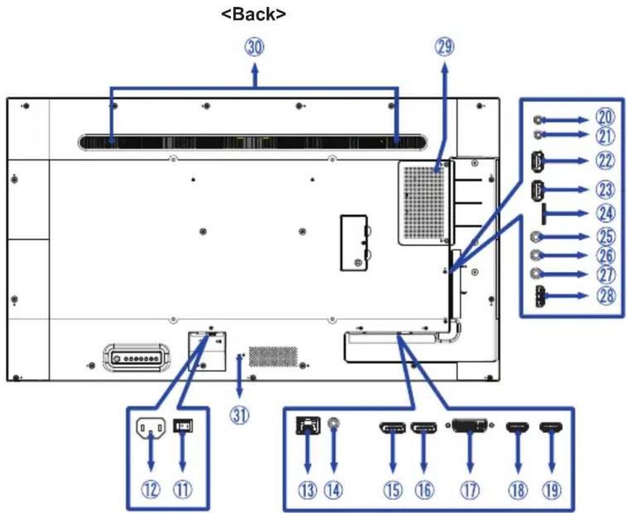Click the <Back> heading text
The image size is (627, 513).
(x=254, y=14)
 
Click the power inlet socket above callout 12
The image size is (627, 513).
(x=151, y=429)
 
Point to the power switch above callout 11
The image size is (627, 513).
(x=183, y=426)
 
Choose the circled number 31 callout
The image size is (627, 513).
(x=239, y=416)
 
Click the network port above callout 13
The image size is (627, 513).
(x=308, y=426)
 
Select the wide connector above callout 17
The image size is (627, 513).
(x=469, y=426)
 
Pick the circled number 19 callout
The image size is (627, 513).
(x=552, y=490)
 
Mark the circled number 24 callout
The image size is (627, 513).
(x=606, y=214)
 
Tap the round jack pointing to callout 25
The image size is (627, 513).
(x=537, y=237)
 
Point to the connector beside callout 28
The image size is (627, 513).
(x=539, y=296)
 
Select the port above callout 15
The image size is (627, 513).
(x=392, y=428)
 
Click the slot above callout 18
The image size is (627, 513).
(x=518, y=428)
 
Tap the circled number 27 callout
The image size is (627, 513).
(x=606, y=275)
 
